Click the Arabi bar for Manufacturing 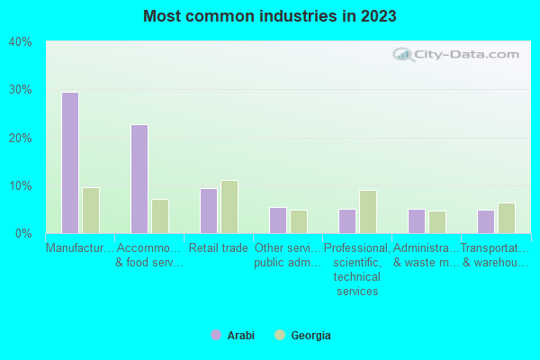click(x=69, y=163)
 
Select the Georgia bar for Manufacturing click(x=91, y=211)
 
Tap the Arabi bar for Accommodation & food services click(x=139, y=179)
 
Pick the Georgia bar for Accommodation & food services click(x=160, y=216)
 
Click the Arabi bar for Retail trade click(x=208, y=211)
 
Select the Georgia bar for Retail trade click(x=229, y=207)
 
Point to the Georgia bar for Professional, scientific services click(x=368, y=211)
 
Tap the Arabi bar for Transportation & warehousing click(x=485, y=221)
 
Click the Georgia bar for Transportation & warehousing click(x=507, y=218)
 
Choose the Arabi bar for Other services click(x=277, y=220)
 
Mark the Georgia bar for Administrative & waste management click(x=437, y=222)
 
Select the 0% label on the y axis click(x=23, y=233)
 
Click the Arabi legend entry click(x=233, y=336)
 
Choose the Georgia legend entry click(x=303, y=336)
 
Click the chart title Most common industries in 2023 click(x=269, y=16)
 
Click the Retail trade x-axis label click(x=218, y=248)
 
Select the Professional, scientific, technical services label click(x=357, y=269)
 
